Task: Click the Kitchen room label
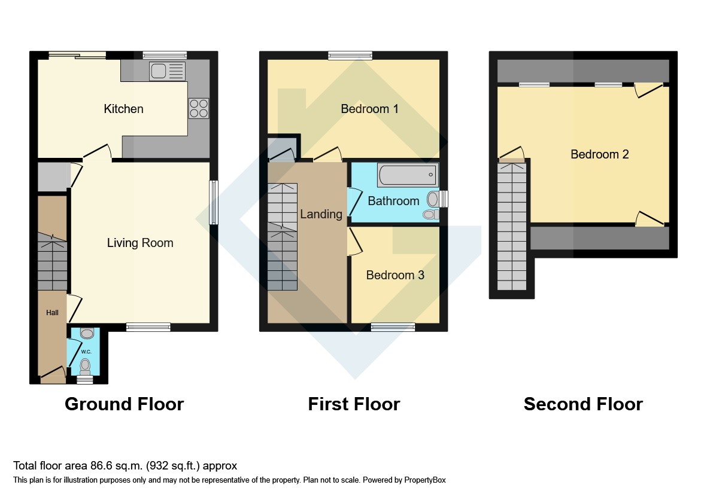click(x=123, y=109)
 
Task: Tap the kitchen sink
click(x=167, y=71)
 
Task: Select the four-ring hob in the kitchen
click(x=199, y=108)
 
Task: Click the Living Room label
click(x=139, y=243)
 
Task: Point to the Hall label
click(x=52, y=313)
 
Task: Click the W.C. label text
click(x=86, y=352)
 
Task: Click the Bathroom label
click(x=393, y=201)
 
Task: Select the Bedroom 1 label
click(x=370, y=109)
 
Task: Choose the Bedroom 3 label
click(x=395, y=275)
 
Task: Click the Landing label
click(x=321, y=214)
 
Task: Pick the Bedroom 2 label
click(x=600, y=154)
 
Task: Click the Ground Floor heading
click(x=125, y=404)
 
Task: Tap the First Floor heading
click(x=354, y=404)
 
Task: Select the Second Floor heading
click(x=583, y=404)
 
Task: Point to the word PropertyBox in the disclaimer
click(x=425, y=480)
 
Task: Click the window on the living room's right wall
click(x=214, y=203)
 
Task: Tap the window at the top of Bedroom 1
click(x=350, y=56)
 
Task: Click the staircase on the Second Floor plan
click(x=512, y=227)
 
